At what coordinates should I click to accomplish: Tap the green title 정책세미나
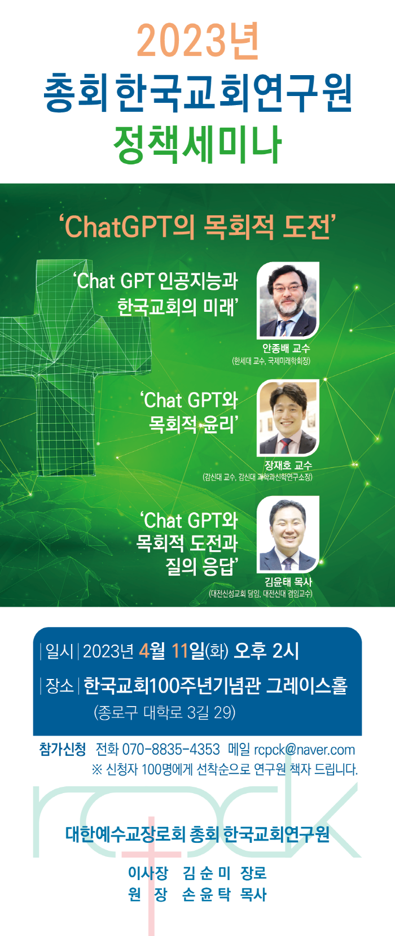197,145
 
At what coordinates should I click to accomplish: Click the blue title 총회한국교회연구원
197,93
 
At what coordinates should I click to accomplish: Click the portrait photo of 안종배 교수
288,299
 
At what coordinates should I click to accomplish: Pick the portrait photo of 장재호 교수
288,417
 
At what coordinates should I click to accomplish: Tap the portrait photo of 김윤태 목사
288,534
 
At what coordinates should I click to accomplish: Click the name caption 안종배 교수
286,348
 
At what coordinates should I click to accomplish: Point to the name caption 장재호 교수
288,465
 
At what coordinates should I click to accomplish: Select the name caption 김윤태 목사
288,582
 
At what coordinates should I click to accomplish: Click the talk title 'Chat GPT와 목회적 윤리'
189,412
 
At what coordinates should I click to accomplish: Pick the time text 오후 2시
266,651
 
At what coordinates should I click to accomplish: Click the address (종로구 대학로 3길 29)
165,712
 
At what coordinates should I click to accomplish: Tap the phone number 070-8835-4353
171,749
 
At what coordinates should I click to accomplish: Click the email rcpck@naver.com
304,750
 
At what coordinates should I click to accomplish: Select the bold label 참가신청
62,749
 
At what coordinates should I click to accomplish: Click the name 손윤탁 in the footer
207,895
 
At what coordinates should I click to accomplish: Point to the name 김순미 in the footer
207,873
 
